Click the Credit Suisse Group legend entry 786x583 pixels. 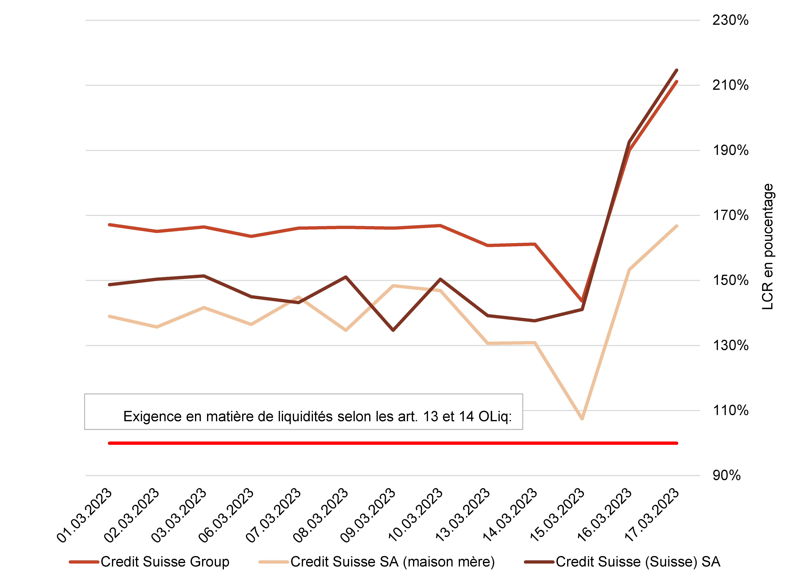click(x=149, y=562)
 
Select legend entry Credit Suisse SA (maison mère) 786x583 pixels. click(x=377, y=562)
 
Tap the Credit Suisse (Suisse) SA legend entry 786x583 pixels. click(x=622, y=562)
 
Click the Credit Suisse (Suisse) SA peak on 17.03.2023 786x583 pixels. click(x=677, y=70)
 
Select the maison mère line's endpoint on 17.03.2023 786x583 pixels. click(x=677, y=226)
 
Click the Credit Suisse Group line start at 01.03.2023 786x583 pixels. click(x=110, y=224)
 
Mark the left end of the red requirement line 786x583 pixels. click(x=109, y=443)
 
